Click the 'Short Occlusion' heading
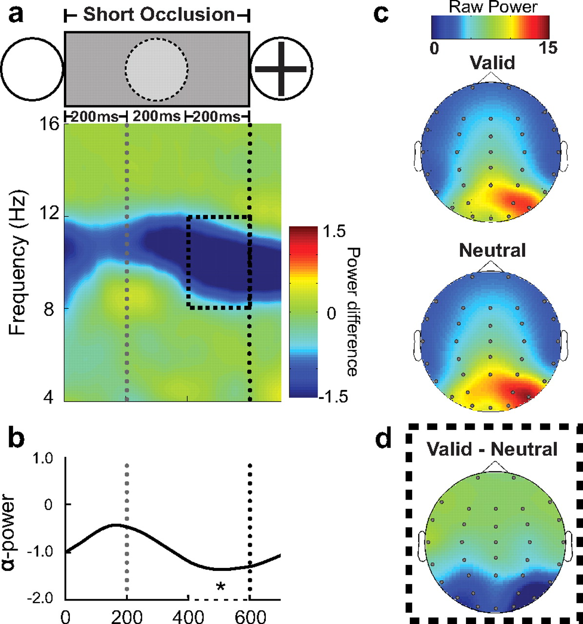(x=159, y=14)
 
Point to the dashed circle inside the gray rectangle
(x=156, y=69)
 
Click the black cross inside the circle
(x=281, y=69)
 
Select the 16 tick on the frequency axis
(x=48, y=125)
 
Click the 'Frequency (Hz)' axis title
(x=19, y=262)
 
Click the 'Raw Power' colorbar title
(x=493, y=7)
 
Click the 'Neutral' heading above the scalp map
(x=492, y=251)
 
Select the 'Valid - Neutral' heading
(x=492, y=448)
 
